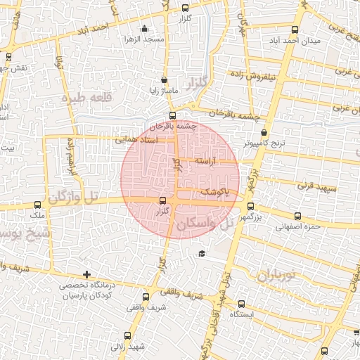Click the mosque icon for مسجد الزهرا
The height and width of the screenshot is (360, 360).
[145, 29]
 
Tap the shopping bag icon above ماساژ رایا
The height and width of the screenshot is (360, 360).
[164, 80]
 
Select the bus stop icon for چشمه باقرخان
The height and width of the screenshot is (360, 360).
[172, 115]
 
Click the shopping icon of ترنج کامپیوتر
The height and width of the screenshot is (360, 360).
[264, 132]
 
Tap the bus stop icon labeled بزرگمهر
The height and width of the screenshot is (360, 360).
[250, 206]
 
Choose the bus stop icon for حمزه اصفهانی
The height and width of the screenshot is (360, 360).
[297, 217]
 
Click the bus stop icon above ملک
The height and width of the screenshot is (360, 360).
[37, 204]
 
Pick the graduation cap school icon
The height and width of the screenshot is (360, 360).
[202, 253]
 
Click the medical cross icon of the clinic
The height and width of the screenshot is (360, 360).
[86, 274]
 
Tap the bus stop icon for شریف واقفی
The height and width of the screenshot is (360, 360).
[146, 296]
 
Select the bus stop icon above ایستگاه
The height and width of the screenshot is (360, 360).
[241, 304]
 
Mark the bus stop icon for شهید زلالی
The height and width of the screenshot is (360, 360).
[127, 335]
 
